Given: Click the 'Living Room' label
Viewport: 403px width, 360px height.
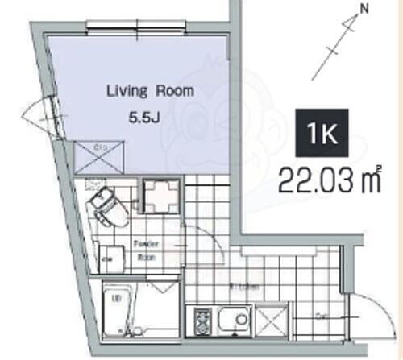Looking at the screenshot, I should [x=150, y=91].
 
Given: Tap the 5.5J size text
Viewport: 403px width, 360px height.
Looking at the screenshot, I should [x=146, y=118].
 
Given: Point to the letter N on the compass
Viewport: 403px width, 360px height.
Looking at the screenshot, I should [x=364, y=10].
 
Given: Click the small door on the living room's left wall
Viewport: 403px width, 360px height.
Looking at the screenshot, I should [x=40, y=108].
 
